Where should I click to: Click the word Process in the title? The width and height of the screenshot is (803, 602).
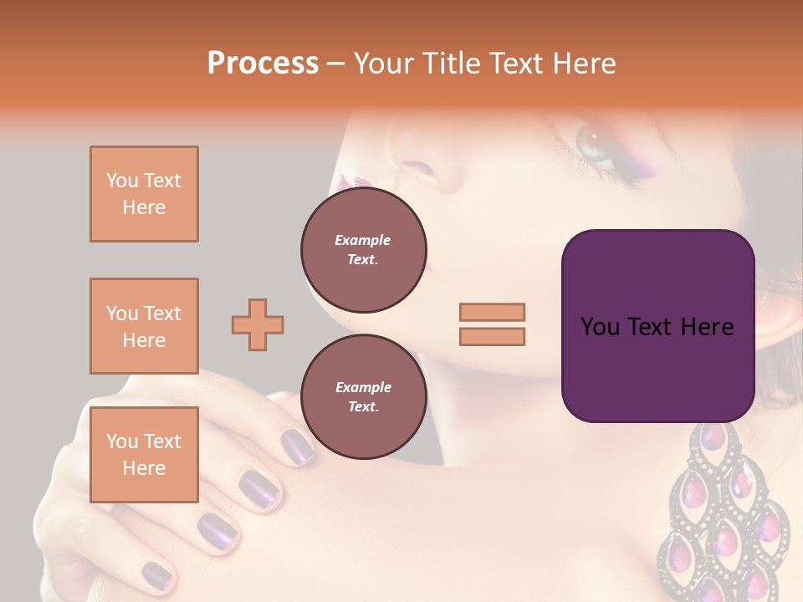click(263, 64)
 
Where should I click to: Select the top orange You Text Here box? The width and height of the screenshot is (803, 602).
click(144, 194)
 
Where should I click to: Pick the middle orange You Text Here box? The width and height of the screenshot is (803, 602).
click(144, 326)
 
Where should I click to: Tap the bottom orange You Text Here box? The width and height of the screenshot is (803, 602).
click(144, 454)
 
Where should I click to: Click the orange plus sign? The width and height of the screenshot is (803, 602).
click(258, 324)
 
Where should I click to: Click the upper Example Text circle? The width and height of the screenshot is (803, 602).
click(363, 249)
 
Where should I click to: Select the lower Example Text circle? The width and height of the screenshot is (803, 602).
click(363, 396)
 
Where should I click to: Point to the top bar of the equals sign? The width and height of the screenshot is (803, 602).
click(492, 313)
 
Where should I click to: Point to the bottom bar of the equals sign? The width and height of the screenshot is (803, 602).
click(492, 336)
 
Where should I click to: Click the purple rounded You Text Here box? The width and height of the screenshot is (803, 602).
click(657, 326)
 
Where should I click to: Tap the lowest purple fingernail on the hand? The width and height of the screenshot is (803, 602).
click(156, 574)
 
